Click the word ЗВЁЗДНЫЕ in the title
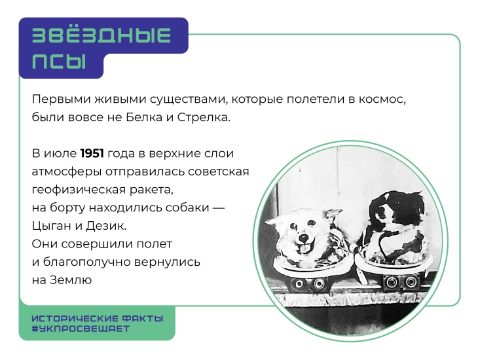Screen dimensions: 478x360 101,35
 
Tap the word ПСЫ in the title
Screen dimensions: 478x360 59,62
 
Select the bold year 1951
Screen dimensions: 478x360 92,153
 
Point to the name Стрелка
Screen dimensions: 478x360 204,117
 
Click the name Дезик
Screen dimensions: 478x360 106,226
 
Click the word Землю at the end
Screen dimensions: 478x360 71,280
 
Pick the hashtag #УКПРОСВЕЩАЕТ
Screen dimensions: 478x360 81,329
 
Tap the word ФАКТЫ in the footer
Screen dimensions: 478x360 143,319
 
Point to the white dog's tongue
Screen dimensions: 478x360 303,249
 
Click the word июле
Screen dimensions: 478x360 60,153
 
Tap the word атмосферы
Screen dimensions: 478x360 67,172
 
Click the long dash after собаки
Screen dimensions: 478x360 218,208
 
